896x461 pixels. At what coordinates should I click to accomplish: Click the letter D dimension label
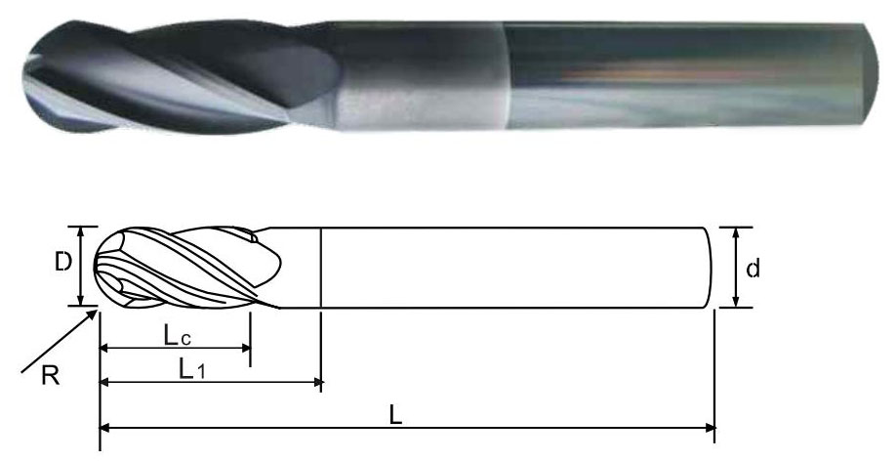63,262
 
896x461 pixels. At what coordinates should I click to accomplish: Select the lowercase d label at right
753,268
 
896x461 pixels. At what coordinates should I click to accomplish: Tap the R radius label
51,376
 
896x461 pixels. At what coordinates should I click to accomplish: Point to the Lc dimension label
177,336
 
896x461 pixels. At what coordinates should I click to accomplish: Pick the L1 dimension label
191,370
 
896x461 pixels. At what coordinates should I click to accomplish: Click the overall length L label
395,416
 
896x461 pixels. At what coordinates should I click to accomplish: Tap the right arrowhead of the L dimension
710,427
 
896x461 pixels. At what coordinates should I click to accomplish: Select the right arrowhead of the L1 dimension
318,382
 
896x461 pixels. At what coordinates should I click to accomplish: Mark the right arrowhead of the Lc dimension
246,348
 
